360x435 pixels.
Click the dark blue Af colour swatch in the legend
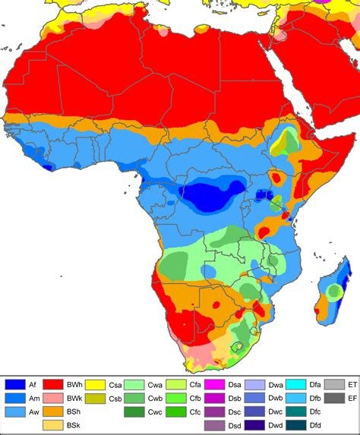tap(15, 385)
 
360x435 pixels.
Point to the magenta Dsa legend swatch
tap(215, 385)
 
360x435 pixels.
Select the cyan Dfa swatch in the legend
tap(296, 385)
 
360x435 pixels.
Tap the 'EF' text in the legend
tap(352, 398)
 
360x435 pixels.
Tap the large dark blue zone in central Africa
tap(205, 197)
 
